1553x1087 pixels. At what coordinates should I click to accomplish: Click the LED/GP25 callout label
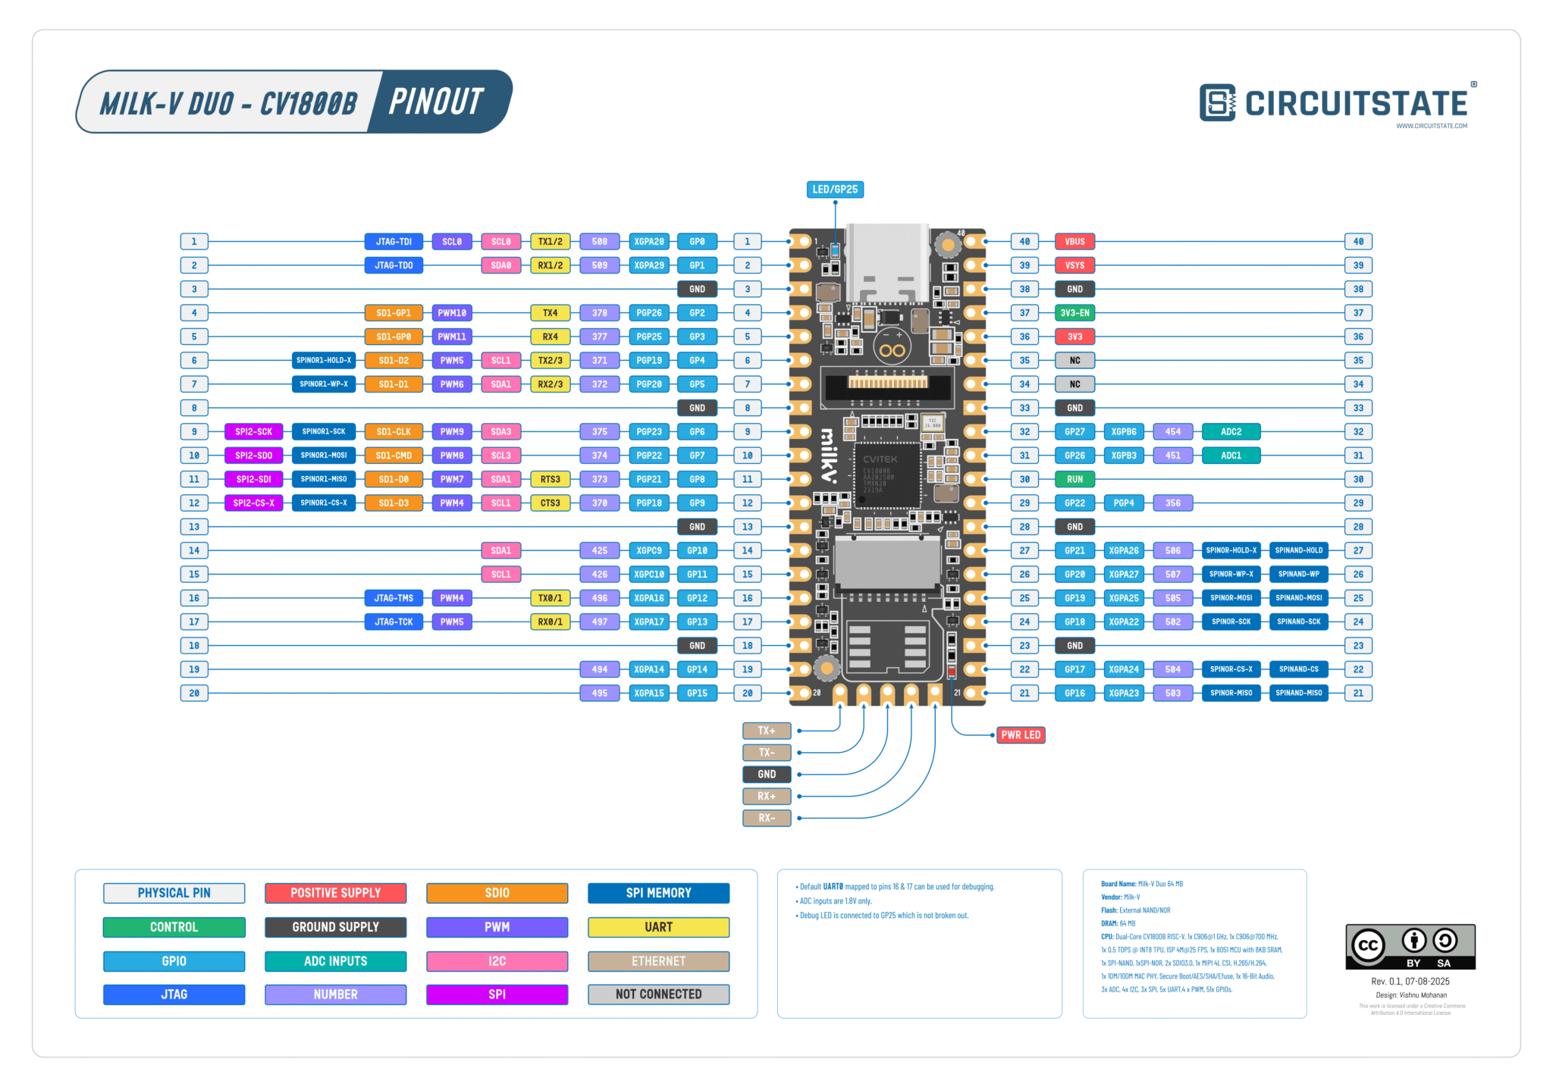(x=835, y=190)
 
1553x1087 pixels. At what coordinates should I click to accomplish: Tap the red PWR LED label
(x=1020, y=735)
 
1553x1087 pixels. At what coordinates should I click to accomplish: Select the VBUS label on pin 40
(x=1075, y=242)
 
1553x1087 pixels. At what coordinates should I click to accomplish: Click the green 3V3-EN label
(x=1075, y=313)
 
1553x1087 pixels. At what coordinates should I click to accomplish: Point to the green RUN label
(x=1075, y=479)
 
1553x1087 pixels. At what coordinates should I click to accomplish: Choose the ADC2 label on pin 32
(x=1231, y=432)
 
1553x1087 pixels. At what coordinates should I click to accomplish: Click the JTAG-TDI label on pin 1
(x=394, y=242)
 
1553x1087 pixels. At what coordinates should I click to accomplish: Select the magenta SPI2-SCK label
(x=253, y=432)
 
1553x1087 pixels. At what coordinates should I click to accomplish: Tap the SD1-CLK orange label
(x=394, y=432)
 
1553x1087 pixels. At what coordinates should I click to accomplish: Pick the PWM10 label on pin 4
(x=452, y=313)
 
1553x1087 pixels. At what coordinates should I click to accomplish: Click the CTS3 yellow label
(x=550, y=503)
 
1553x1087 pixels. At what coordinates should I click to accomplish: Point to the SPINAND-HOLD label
(x=1298, y=550)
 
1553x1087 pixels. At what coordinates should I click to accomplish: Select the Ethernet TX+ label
(x=767, y=731)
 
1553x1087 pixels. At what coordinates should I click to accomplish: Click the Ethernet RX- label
(x=767, y=818)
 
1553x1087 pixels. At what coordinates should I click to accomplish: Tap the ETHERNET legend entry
(x=658, y=961)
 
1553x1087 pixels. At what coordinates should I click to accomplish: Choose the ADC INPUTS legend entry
(x=335, y=961)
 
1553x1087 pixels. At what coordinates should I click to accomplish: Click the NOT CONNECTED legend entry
(x=658, y=994)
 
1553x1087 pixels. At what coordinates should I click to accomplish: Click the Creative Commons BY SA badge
(x=1410, y=947)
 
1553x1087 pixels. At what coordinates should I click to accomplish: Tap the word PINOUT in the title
(x=436, y=102)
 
